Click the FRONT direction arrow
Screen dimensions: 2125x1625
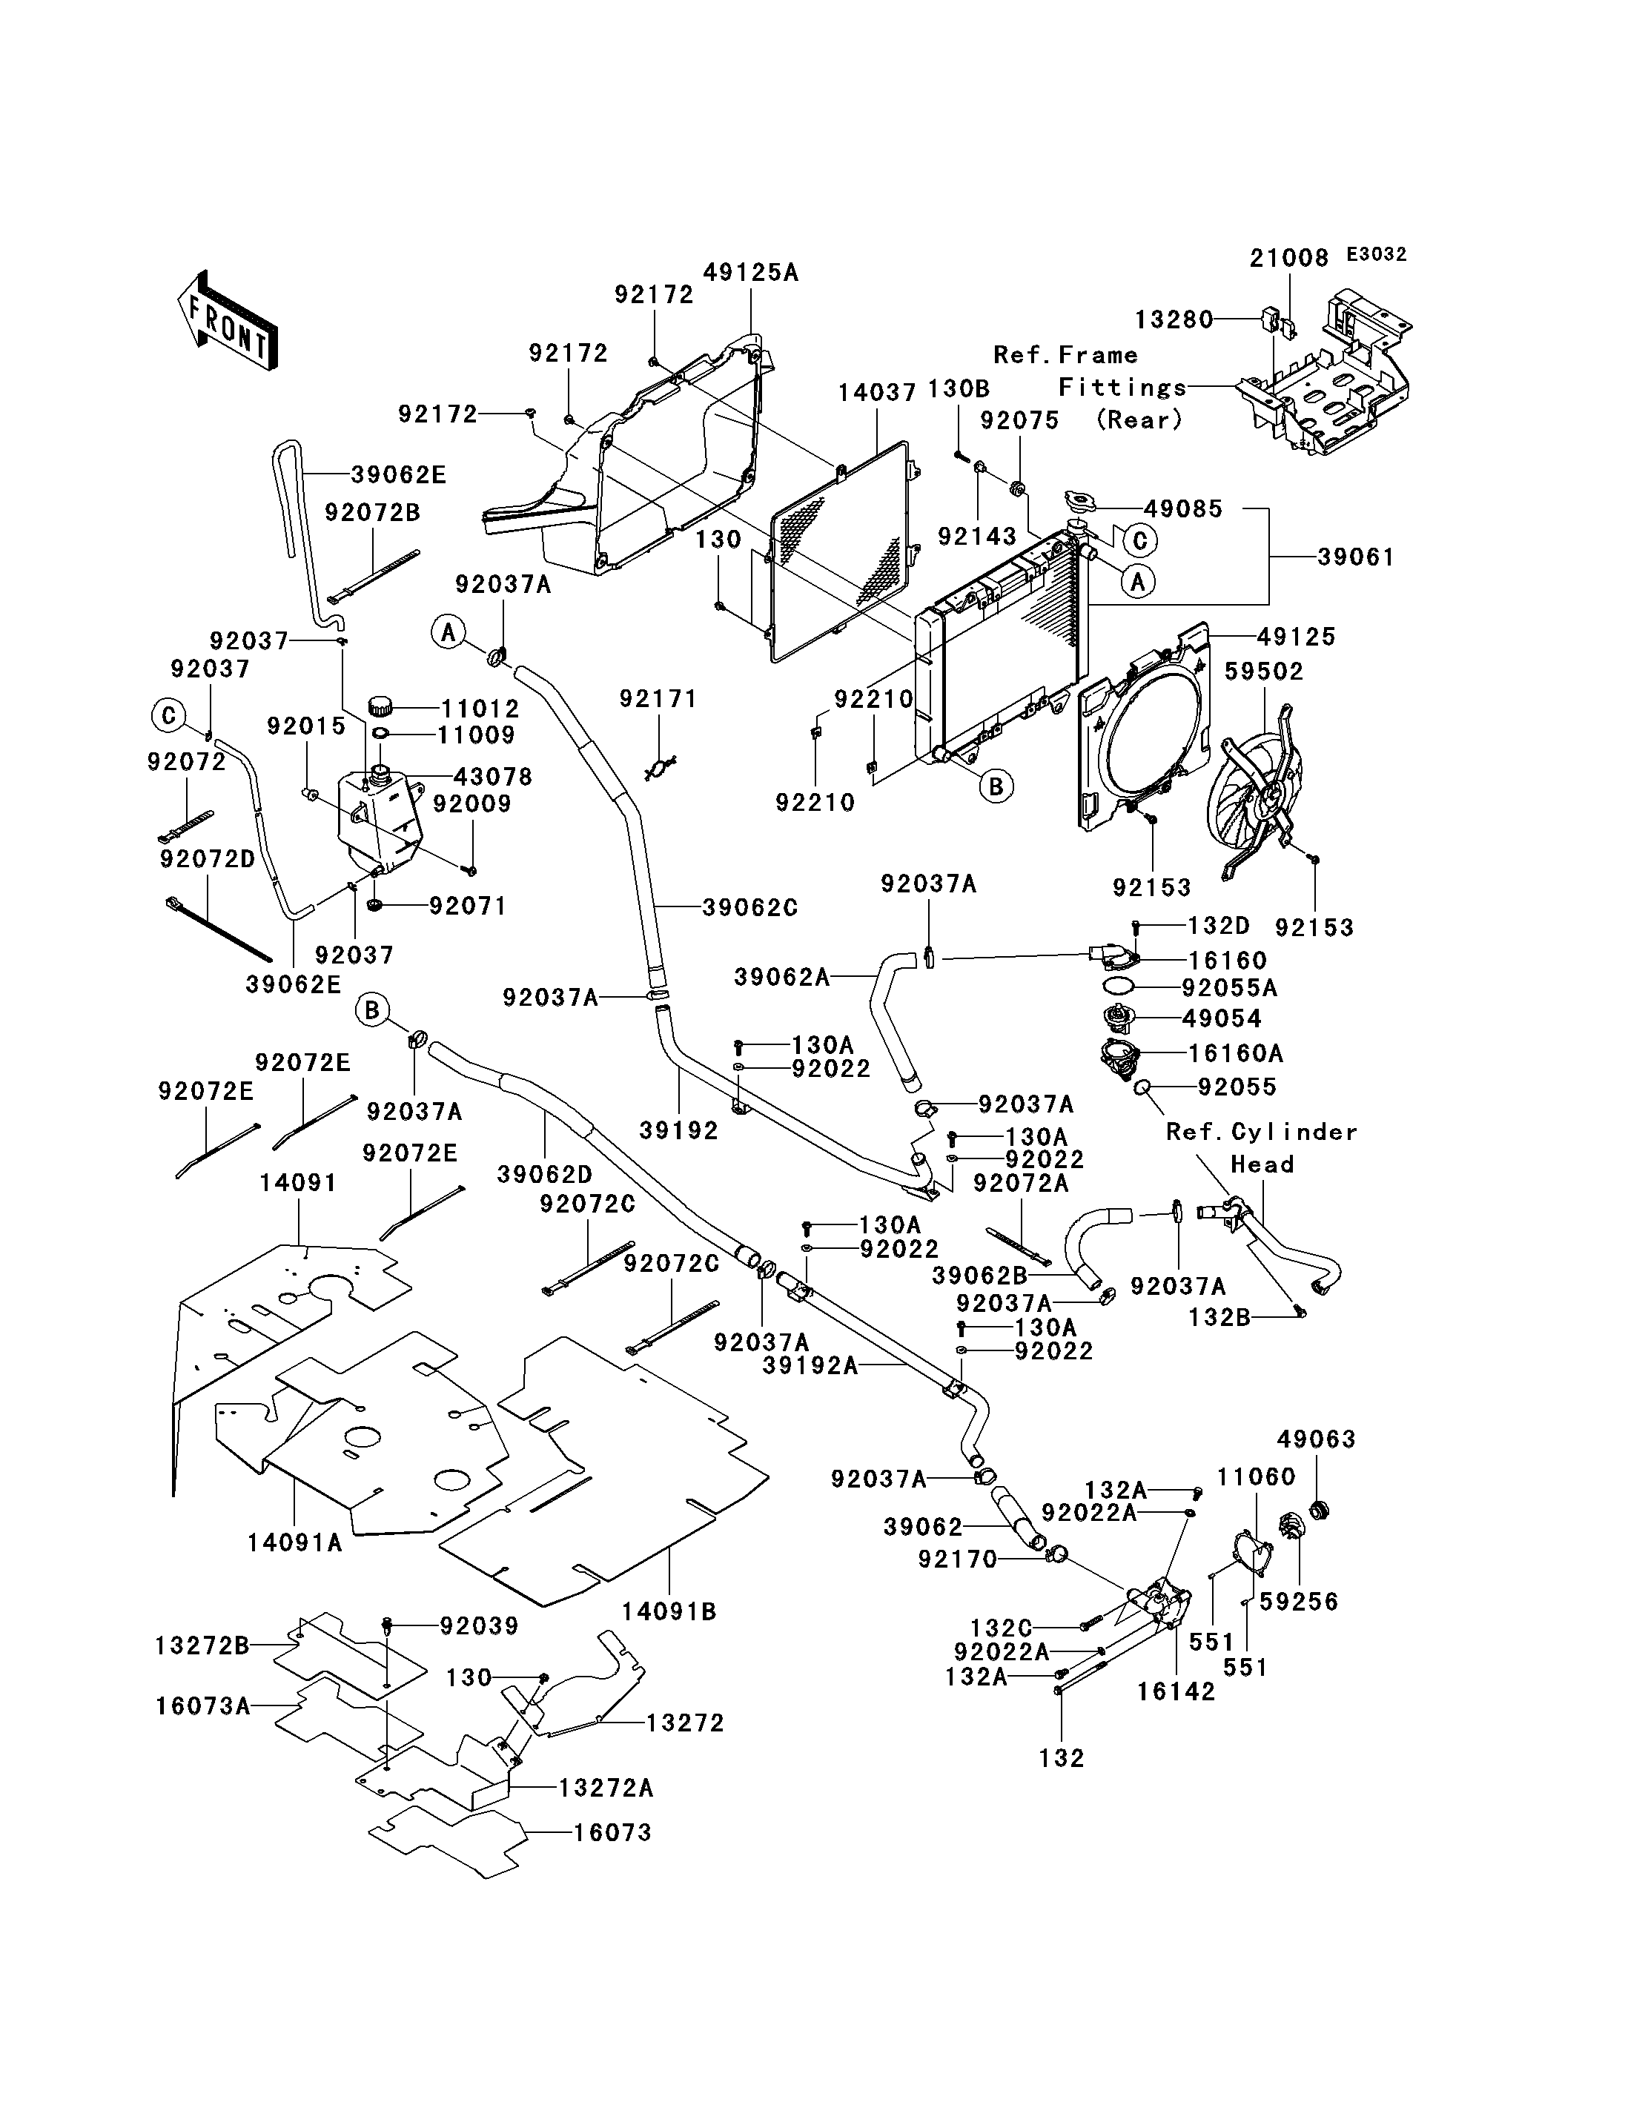(226, 323)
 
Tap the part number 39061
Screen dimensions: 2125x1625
(1356, 557)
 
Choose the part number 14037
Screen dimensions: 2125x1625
(876, 393)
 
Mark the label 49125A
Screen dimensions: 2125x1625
(750, 273)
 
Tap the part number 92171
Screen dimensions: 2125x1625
(658, 698)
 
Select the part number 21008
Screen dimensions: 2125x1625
(1288, 258)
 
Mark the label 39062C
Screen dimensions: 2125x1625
(749, 907)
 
